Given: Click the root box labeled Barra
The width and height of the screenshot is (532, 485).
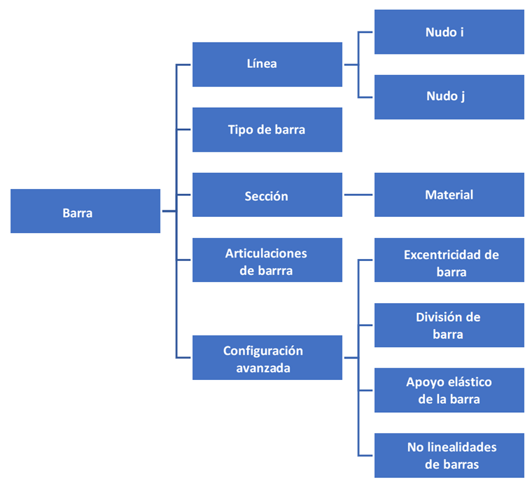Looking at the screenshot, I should pyautogui.click(x=85, y=211).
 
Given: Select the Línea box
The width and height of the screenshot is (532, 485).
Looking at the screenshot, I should pyautogui.click(x=267, y=64).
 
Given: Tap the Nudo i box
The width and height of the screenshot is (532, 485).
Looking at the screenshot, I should pyautogui.click(x=449, y=32).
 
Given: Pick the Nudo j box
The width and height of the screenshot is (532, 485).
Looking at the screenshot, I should pyautogui.click(x=449, y=97).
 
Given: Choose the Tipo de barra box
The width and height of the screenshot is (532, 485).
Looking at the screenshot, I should pyautogui.click(x=267, y=129).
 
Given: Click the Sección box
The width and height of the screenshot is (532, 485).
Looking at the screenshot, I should pyautogui.click(x=267, y=195).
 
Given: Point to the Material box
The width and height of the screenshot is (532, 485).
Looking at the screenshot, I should pyautogui.click(x=449, y=195).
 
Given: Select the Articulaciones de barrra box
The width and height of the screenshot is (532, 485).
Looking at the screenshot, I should pyautogui.click(x=267, y=260).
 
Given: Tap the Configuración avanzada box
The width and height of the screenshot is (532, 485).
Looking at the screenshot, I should pyautogui.click(x=267, y=358).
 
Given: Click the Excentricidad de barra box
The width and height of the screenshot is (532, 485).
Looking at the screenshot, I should pyautogui.click(x=449, y=260).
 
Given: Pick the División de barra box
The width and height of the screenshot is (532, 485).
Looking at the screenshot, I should pyautogui.click(x=449, y=325).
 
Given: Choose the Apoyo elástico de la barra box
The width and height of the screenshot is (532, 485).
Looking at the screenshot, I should pyautogui.click(x=449, y=390).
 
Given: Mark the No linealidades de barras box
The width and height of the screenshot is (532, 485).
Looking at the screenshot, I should pyautogui.click(x=449, y=455).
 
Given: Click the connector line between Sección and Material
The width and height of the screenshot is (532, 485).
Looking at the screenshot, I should pyautogui.click(x=358, y=195).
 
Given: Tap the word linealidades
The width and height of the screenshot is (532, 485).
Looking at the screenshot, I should pyautogui.click(x=461, y=447).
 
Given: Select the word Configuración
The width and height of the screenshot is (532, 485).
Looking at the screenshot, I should pyautogui.click(x=262, y=351).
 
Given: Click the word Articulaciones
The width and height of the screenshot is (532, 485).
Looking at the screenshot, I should pyautogui.click(x=266, y=253).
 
